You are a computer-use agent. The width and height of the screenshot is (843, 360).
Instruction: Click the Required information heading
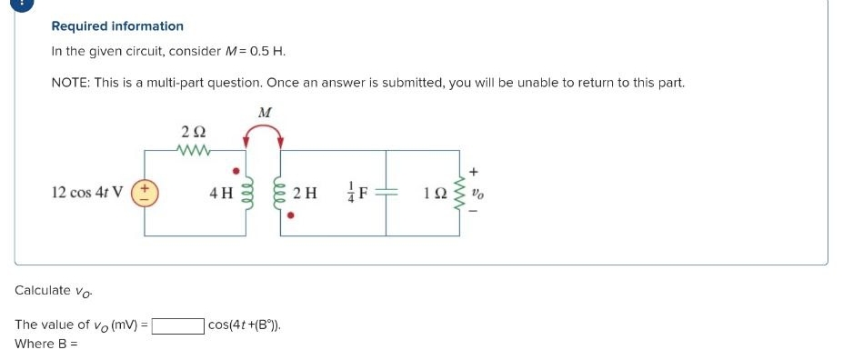click(117, 26)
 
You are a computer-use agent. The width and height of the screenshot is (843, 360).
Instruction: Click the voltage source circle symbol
click(145, 193)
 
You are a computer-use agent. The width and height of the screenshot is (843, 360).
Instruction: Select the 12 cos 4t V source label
click(88, 193)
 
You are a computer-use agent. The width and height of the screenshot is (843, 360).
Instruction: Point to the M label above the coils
click(265, 113)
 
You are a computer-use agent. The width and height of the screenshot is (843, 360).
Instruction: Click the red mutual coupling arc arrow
click(263, 133)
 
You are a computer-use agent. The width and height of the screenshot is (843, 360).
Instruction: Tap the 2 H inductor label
click(307, 193)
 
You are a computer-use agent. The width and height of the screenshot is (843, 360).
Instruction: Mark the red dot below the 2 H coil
click(291, 217)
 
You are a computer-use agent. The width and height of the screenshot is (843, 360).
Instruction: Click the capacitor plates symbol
click(386, 193)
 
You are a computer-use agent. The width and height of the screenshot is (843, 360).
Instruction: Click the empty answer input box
click(178, 325)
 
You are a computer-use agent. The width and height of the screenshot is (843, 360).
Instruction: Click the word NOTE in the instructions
click(69, 83)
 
